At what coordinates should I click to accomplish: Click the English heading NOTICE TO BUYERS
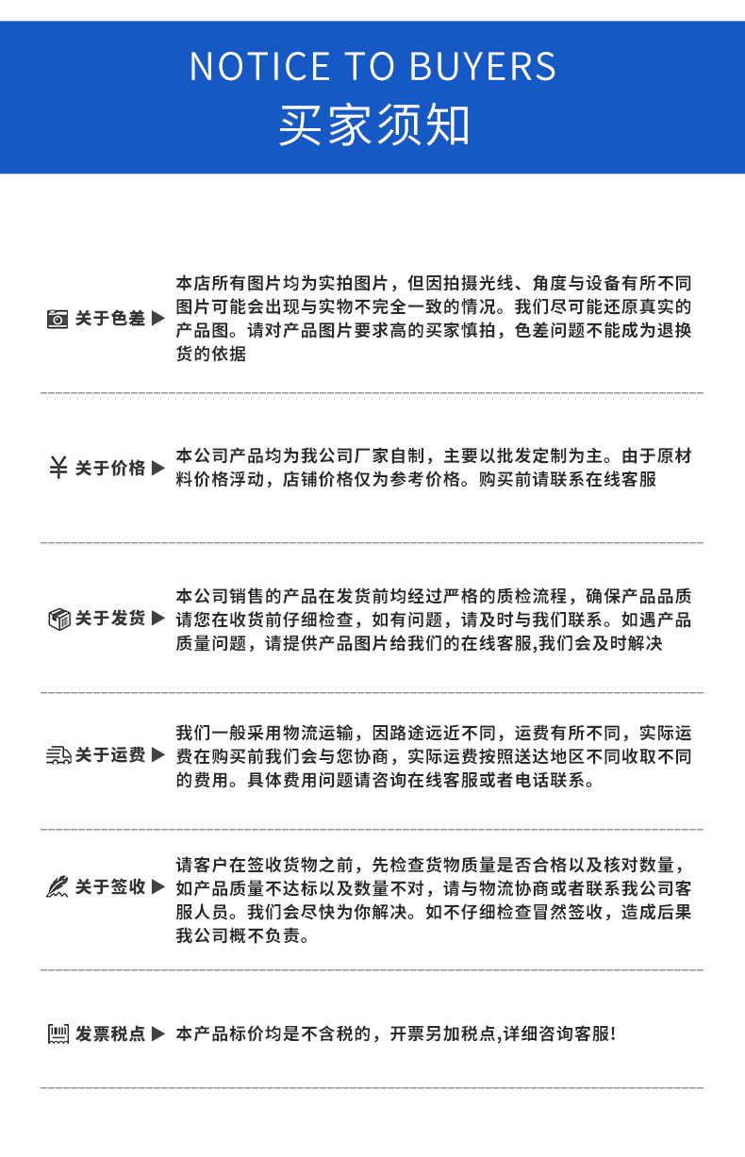[372, 66]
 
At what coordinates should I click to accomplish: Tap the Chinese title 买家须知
[372, 125]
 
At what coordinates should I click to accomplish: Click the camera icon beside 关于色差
[58, 320]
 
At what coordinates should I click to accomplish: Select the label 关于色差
[110, 320]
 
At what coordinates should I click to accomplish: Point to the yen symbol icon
[58, 468]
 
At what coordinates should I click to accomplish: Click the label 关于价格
[110, 469]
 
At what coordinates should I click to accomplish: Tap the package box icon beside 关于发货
[58, 620]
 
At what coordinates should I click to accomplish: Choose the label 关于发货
[110, 620]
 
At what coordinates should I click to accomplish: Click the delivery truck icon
[58, 755]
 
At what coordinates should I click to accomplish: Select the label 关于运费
[110, 755]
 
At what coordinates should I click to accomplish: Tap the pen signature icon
[58, 887]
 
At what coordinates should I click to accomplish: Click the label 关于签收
[110, 887]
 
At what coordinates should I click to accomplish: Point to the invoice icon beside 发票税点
[58, 1034]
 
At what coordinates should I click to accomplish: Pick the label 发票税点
[110, 1034]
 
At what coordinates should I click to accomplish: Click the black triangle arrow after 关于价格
[158, 469]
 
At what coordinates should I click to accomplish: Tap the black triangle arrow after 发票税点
[158, 1034]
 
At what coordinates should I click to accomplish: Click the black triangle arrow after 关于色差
[158, 320]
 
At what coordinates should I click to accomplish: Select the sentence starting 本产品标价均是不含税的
[395, 1034]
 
